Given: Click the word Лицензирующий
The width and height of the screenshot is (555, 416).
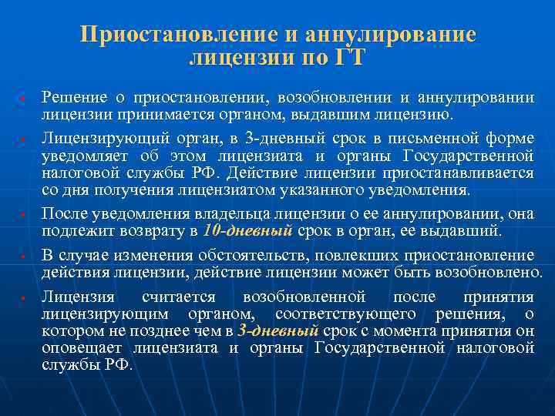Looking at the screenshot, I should click(96, 139).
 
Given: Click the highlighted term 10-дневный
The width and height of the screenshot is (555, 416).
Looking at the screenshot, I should click(247, 230).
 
